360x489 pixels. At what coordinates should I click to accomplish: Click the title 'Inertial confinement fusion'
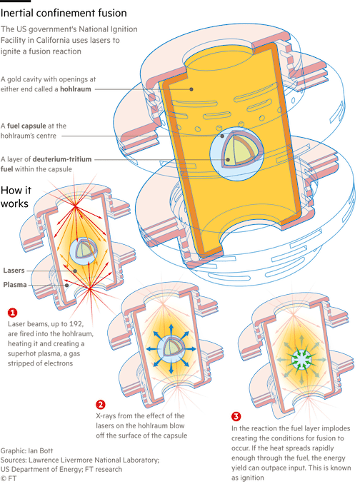(64, 13)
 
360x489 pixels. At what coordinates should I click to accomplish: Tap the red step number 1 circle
(12, 313)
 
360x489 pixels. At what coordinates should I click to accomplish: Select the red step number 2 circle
(101, 405)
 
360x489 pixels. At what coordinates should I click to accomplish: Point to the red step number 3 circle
(236, 416)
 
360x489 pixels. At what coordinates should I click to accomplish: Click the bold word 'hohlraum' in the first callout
(76, 89)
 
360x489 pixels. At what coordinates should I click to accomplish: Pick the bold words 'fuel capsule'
(26, 126)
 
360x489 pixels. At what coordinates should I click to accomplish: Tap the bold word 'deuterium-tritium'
(62, 159)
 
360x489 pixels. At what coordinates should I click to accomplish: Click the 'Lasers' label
(14, 271)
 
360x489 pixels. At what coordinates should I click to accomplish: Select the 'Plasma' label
(15, 285)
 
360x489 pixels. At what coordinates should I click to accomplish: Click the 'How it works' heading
(15, 197)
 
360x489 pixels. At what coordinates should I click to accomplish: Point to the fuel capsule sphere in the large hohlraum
(236, 153)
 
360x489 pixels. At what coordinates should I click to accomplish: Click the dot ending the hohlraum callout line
(191, 89)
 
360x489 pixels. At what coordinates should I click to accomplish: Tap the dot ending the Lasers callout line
(75, 271)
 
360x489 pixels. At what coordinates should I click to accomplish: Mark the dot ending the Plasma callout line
(66, 285)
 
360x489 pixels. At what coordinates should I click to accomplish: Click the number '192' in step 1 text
(76, 324)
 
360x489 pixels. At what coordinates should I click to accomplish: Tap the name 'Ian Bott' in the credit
(41, 450)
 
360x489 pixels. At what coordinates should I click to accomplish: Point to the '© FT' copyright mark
(9, 478)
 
